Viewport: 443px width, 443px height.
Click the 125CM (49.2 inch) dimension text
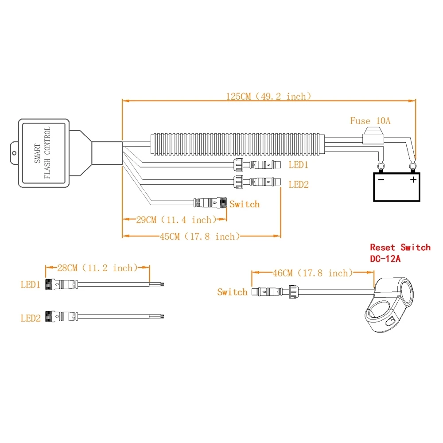pos(268,96)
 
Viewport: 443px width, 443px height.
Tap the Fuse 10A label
pos(370,120)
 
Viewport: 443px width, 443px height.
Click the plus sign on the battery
pos(413,179)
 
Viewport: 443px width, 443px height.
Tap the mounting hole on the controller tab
pos(14,153)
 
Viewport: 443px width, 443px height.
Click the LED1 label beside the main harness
pos(298,165)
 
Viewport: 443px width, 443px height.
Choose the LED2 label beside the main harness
pos(298,184)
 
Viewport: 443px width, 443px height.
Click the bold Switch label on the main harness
pos(245,204)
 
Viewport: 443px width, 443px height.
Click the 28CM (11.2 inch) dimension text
pos(97,268)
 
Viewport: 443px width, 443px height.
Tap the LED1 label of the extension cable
pos(31,284)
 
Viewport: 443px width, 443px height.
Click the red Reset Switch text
pos(400,247)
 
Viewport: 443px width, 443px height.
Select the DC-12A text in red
pos(385,259)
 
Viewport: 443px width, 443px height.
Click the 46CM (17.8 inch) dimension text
pos(312,273)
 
